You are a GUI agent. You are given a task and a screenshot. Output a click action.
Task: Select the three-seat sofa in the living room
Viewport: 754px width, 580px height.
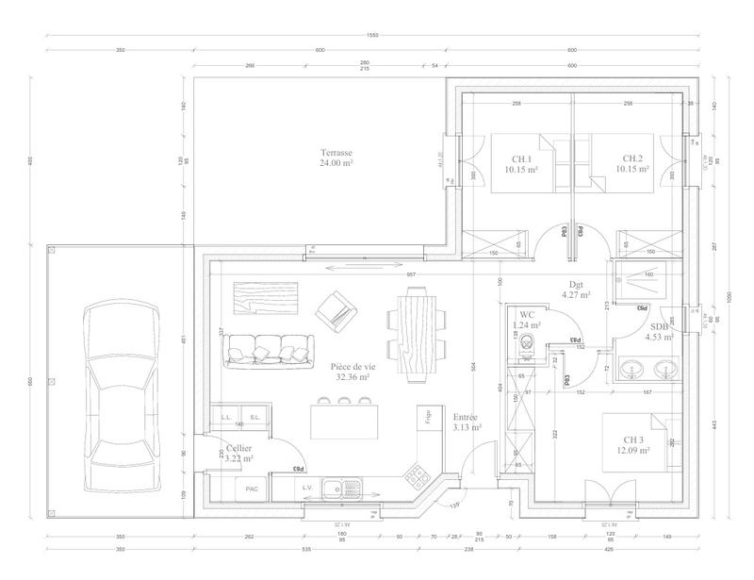[267, 351]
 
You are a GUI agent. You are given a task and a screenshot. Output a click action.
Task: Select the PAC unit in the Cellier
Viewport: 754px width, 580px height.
[252, 489]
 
